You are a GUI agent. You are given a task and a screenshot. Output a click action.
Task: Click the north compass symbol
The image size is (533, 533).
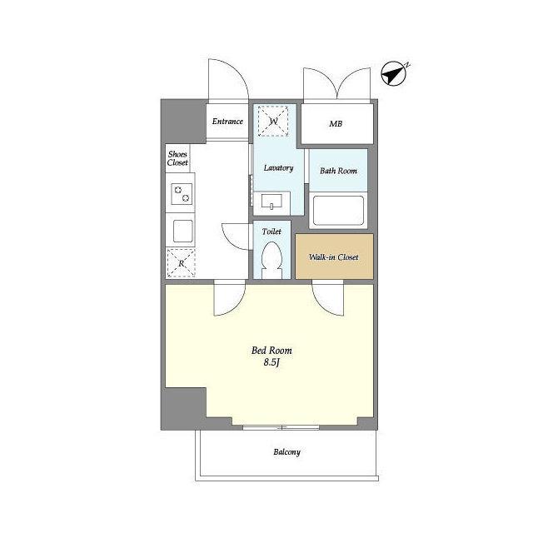coord(394,73)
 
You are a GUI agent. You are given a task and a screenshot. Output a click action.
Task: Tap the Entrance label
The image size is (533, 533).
coord(227,122)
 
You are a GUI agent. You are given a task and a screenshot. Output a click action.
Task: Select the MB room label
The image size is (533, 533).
coord(336,124)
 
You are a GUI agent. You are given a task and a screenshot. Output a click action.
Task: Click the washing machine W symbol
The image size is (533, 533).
coord(273,121)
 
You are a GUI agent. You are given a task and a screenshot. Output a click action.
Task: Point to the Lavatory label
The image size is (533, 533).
coord(278,168)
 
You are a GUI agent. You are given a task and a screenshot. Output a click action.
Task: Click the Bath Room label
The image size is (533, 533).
coord(338,171)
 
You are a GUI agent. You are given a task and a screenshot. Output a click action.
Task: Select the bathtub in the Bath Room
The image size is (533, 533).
coord(338,211)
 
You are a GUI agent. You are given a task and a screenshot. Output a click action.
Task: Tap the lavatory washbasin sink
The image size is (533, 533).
coord(271,202)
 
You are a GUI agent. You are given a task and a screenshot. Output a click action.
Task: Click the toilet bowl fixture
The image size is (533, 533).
coord(271,260)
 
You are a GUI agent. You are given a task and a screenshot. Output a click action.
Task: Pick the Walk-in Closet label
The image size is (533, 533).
coord(333,257)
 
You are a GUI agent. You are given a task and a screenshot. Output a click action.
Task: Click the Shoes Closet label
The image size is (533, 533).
coord(177,158)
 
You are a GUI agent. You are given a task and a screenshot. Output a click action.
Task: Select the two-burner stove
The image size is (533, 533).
coord(182,194)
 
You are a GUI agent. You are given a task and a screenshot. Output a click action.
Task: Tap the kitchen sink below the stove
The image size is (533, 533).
coord(183,232)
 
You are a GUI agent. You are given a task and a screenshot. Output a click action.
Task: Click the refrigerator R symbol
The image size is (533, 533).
coord(182,263)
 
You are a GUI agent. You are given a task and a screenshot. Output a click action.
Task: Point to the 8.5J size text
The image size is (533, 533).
coord(271,362)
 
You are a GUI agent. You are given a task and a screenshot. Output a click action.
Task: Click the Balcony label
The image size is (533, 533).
coord(286,452)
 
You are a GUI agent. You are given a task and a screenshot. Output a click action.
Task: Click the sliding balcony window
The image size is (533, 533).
coord(281,427)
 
